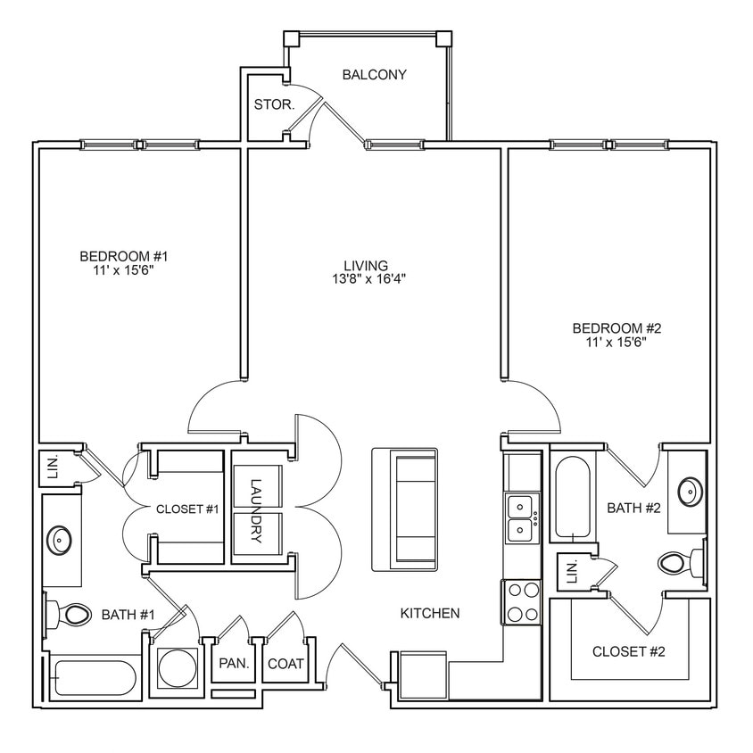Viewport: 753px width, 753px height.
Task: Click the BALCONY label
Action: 374,75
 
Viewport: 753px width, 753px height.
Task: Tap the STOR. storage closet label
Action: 274,104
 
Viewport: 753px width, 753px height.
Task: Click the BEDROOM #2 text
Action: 616,328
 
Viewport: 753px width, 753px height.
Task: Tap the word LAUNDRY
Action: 257,512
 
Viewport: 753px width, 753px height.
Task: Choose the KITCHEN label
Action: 429,613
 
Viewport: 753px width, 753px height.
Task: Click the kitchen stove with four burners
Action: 522,600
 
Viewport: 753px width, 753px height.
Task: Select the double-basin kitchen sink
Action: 522,519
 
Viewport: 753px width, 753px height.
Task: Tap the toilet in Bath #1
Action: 71,614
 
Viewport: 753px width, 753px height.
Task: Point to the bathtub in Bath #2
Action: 571,498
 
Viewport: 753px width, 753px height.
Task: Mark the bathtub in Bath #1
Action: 94,679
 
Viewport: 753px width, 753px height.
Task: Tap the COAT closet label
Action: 285,664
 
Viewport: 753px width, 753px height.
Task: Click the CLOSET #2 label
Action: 629,651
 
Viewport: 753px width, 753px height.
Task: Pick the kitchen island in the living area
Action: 404,509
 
